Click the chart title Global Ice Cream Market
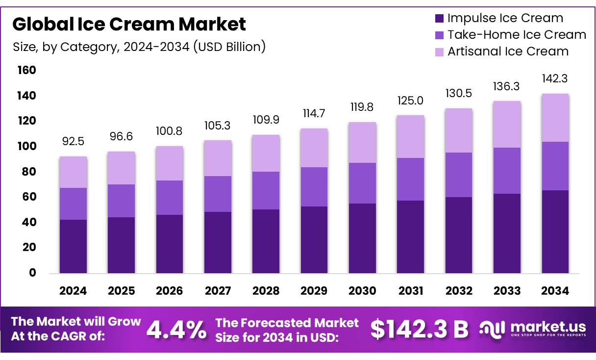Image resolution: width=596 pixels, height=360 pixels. tap(129, 24)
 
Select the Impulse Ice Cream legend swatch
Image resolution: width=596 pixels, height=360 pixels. tap(439, 19)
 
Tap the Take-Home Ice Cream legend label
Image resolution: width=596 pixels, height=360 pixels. tap(517, 35)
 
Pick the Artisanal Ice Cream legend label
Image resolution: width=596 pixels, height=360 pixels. tap(508, 51)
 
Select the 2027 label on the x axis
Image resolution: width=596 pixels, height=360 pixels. tap(218, 291)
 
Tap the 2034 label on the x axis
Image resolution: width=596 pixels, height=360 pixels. tap(555, 291)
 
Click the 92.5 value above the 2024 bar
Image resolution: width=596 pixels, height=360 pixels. tap(74, 142)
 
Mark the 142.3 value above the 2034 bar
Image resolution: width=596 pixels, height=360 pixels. tap(555, 78)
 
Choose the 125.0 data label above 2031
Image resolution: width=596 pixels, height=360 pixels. tap(411, 101)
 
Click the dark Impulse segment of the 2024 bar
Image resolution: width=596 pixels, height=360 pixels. tap(74, 246)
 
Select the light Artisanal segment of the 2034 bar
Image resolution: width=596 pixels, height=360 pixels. tap(555, 118)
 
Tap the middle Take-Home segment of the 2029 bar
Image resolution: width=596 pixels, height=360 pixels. tap(314, 187)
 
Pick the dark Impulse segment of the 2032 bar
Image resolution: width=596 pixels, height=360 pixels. tap(459, 235)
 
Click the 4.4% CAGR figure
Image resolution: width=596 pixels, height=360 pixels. tap(176, 330)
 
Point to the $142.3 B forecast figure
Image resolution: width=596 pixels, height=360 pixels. tap(419, 330)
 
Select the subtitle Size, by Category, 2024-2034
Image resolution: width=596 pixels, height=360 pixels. tap(139, 47)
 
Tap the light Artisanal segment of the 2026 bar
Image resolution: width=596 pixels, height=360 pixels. tap(170, 163)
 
